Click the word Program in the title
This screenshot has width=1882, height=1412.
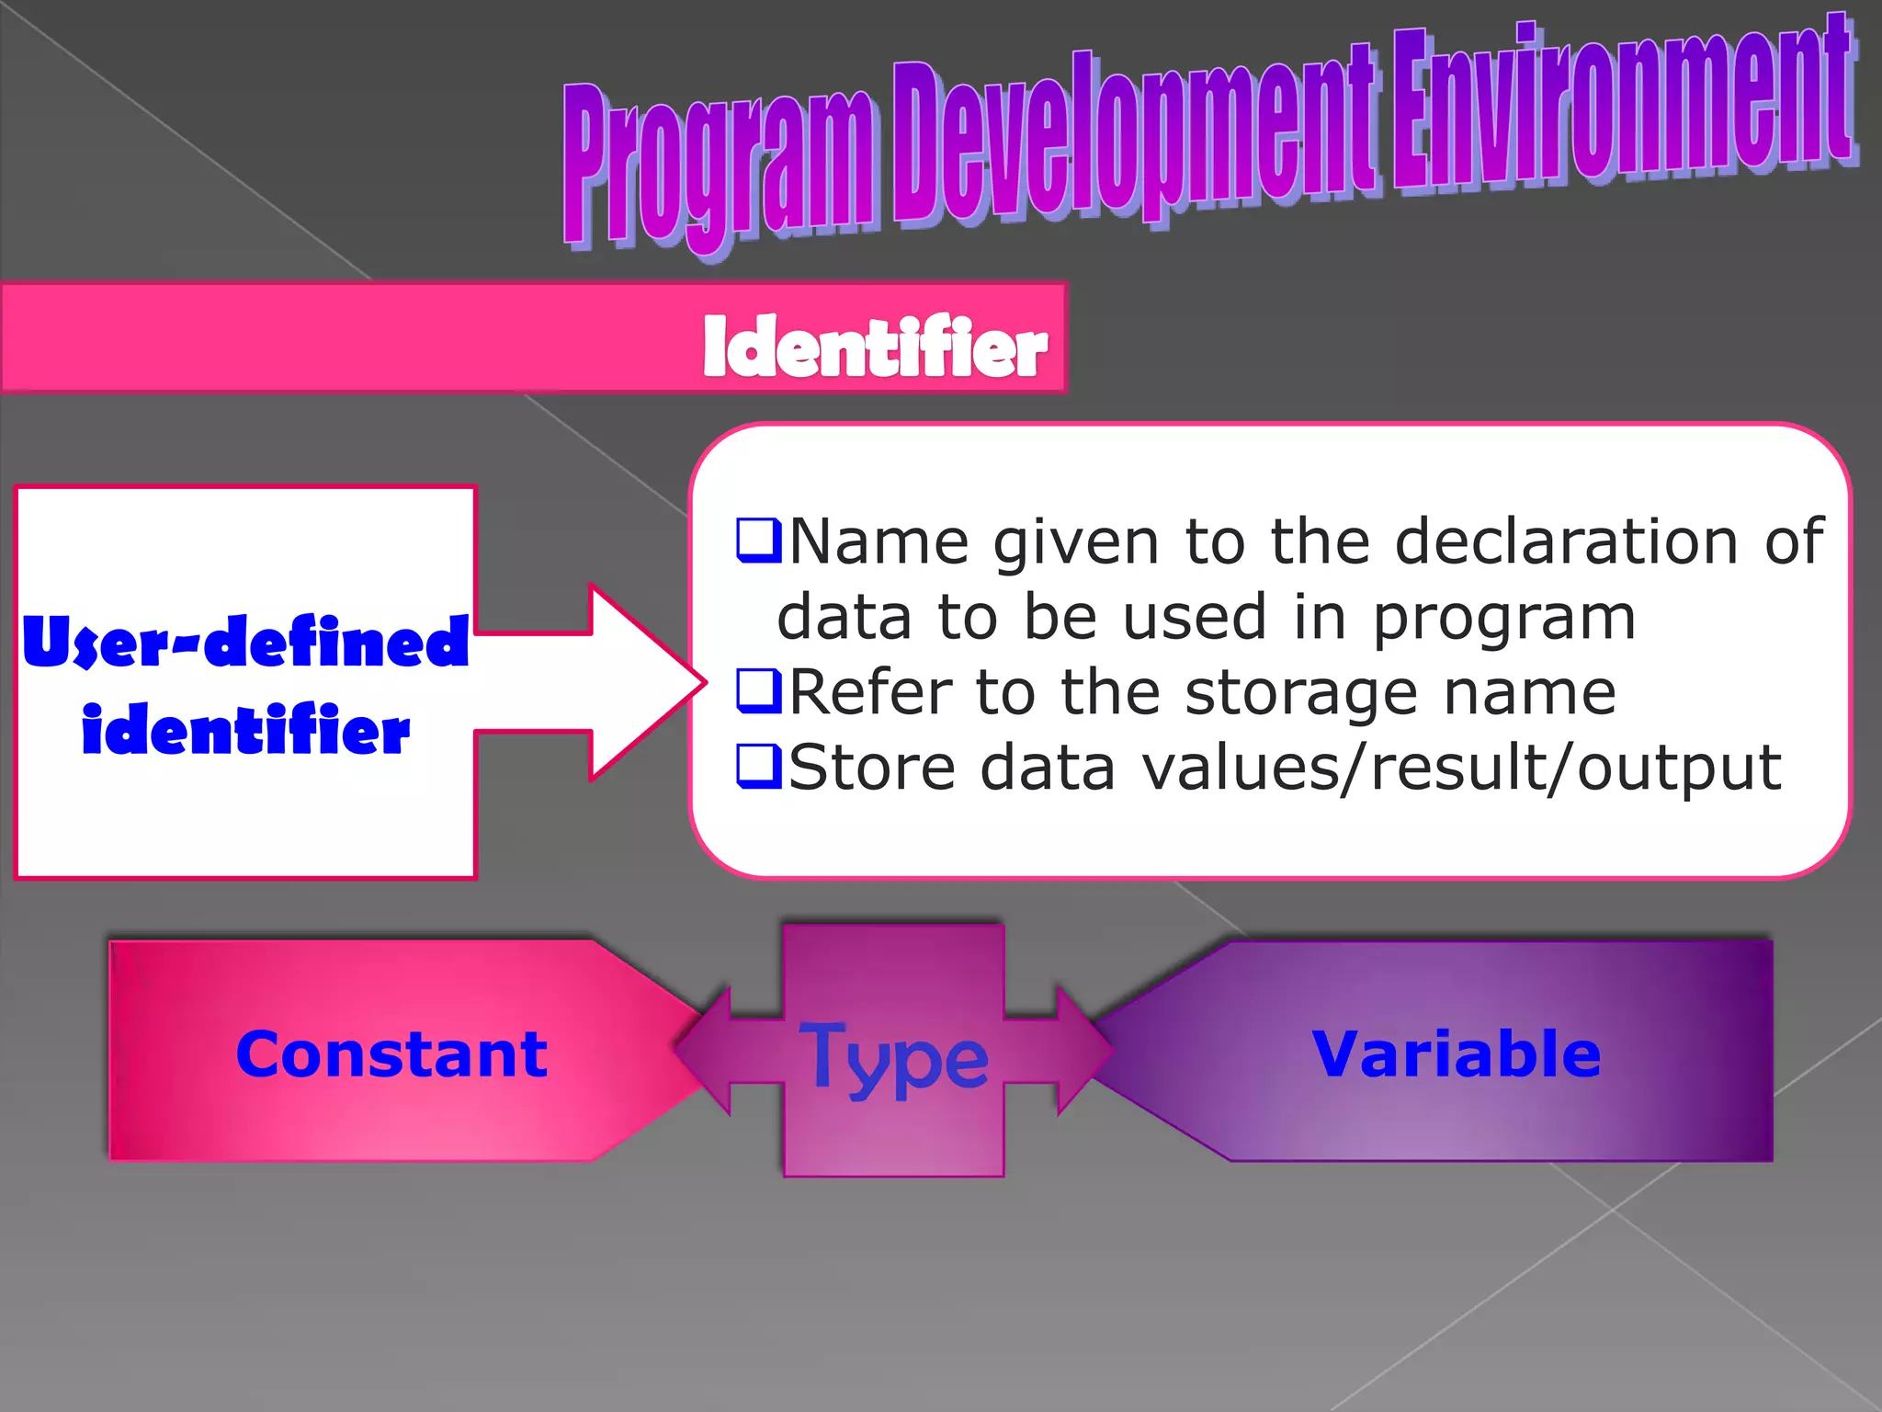[717, 165]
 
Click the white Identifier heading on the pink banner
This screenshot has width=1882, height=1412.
[874, 347]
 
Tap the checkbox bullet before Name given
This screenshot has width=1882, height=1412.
[758, 540]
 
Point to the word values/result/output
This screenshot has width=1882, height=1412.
[1461, 767]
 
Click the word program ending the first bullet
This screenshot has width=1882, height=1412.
[1504, 618]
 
